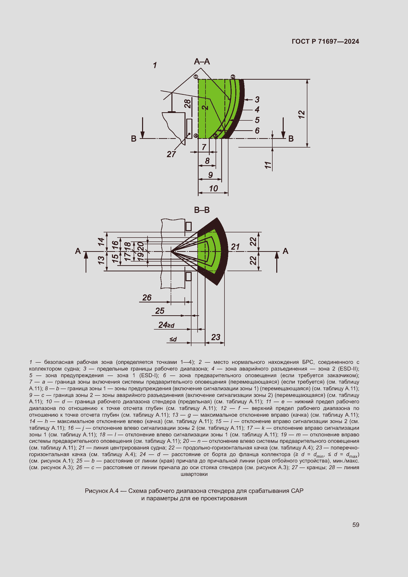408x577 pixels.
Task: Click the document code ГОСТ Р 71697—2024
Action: [325, 41]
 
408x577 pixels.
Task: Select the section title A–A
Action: [202, 62]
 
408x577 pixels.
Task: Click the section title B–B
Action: [202, 210]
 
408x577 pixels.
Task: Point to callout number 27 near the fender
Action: [171, 154]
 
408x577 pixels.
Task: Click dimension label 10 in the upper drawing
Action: [214, 188]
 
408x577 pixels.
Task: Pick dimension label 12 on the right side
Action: [302, 115]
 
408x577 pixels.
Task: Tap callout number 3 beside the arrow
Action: [257, 99]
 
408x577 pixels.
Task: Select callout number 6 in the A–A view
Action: [257, 131]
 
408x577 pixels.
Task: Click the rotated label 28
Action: [187, 103]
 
